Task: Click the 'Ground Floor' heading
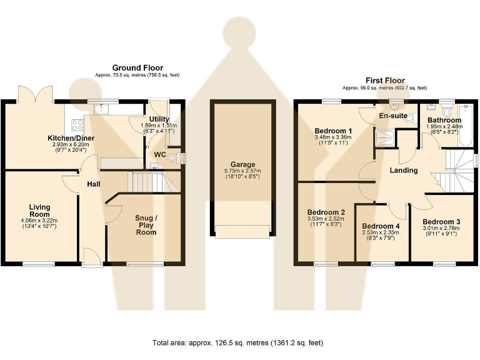click(137, 67)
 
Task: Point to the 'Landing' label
click(403, 170)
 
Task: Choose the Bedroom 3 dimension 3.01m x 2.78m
click(441, 229)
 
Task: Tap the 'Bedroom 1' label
click(333, 130)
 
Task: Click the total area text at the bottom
click(238, 342)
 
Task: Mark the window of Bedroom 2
click(326, 264)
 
